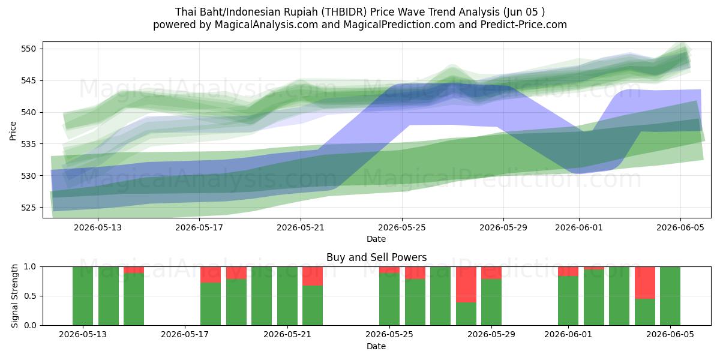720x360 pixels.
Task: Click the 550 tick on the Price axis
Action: [28, 49]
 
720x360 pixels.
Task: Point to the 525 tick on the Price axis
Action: [28, 208]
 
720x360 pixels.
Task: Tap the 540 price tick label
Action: [28, 113]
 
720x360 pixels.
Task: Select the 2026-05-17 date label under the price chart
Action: [199, 227]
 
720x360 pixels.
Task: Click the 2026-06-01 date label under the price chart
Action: [579, 227]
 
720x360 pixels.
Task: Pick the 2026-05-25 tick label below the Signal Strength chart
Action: [389, 335]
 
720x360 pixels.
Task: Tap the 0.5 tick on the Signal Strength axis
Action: [30, 296]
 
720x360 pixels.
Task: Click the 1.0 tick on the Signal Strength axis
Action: [30, 267]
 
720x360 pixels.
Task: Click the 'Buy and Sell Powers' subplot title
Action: [376, 257]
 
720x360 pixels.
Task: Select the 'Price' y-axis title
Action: [13, 131]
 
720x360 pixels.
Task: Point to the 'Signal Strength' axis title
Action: [14, 296]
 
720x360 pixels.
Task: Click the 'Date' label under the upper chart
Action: [376, 239]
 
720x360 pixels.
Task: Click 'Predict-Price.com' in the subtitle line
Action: [524, 25]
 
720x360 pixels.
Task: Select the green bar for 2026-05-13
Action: [83, 296]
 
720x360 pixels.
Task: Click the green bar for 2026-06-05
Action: [670, 296]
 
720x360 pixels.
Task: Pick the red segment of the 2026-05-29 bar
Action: [491, 273]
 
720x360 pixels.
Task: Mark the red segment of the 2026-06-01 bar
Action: [568, 271]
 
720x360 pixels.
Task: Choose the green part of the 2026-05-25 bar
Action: [389, 299]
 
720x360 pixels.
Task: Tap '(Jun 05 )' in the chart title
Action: [524, 12]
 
